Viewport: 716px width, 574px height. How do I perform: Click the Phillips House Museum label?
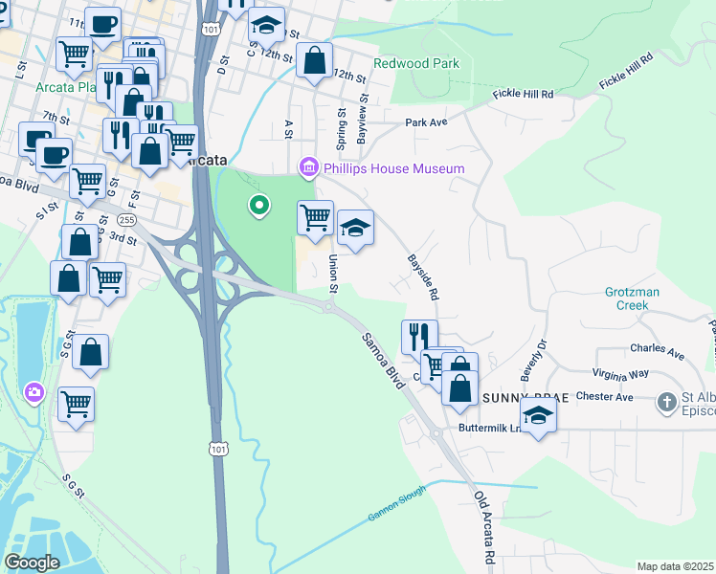(393, 169)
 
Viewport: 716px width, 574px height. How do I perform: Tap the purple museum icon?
(308, 168)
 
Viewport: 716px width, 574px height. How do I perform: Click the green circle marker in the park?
(257, 205)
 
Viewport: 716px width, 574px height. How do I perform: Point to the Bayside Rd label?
(422, 277)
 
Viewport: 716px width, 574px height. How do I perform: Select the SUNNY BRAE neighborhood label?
(519, 397)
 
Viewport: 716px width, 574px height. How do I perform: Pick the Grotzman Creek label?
(639, 298)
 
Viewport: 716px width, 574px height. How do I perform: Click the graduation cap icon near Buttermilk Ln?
(539, 415)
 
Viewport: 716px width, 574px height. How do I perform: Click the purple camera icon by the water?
(34, 392)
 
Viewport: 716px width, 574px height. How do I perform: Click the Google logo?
(33, 563)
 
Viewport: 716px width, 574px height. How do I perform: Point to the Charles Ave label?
(657, 351)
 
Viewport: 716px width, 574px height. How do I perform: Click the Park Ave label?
(426, 122)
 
